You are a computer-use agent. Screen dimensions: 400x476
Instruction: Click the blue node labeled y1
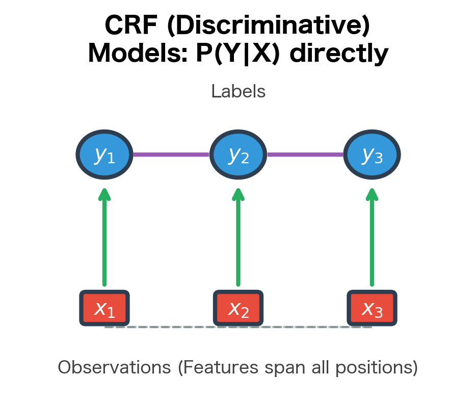click(x=104, y=154)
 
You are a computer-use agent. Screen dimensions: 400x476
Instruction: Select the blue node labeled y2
click(x=238, y=154)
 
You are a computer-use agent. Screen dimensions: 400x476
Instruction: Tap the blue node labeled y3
click(x=372, y=154)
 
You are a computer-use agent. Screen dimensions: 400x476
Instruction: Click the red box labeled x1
click(x=104, y=308)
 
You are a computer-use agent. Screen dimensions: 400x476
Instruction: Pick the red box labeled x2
click(x=238, y=308)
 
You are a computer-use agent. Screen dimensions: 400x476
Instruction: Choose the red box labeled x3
click(x=372, y=308)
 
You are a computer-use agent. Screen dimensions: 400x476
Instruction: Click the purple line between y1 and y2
click(x=171, y=154)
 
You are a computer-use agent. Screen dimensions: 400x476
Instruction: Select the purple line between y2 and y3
click(x=305, y=154)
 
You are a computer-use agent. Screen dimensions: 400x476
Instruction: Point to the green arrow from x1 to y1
click(x=104, y=240)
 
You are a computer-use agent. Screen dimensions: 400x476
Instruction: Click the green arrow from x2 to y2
click(x=238, y=240)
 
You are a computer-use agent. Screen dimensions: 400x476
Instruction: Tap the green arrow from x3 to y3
click(x=372, y=240)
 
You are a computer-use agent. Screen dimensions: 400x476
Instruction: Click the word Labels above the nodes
click(x=238, y=92)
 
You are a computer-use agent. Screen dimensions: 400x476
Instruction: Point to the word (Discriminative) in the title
click(x=269, y=26)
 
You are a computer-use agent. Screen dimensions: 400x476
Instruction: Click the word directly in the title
click(x=339, y=54)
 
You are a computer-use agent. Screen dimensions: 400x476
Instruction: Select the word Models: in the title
click(x=138, y=54)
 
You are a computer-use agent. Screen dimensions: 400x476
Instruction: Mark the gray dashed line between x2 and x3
click(x=305, y=327)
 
